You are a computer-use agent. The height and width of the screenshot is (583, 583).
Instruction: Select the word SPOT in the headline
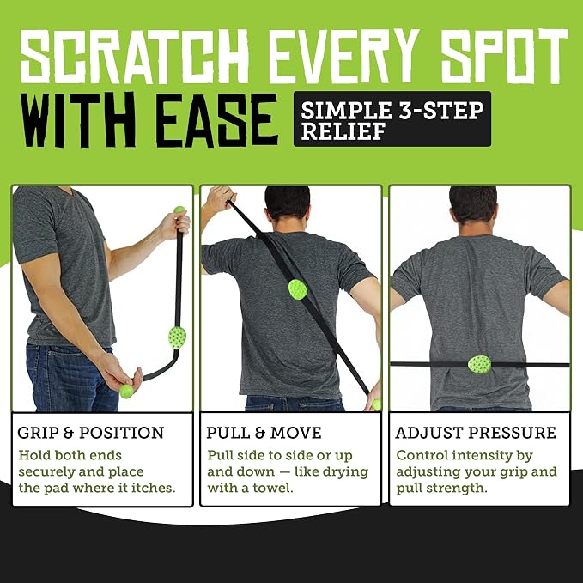pyautogui.click(x=505, y=55)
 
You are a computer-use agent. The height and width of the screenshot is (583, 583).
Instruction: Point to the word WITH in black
pyautogui.click(x=79, y=119)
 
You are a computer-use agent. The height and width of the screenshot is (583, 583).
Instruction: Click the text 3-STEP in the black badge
pyautogui.click(x=440, y=111)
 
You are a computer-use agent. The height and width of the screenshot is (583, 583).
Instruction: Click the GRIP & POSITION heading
pyautogui.click(x=91, y=433)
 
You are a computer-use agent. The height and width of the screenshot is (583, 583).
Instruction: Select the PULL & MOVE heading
pyautogui.click(x=264, y=433)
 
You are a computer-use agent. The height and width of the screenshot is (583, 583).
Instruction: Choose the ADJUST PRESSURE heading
pyautogui.click(x=476, y=433)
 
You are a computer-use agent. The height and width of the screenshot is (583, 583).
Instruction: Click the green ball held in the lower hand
pyautogui.click(x=126, y=392)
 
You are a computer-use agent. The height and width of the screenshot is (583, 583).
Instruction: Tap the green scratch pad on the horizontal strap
pyautogui.click(x=479, y=364)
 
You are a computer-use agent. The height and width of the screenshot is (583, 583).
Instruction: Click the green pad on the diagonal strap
pyautogui.click(x=298, y=289)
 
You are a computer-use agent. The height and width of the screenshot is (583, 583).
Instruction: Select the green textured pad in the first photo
pyautogui.click(x=177, y=337)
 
